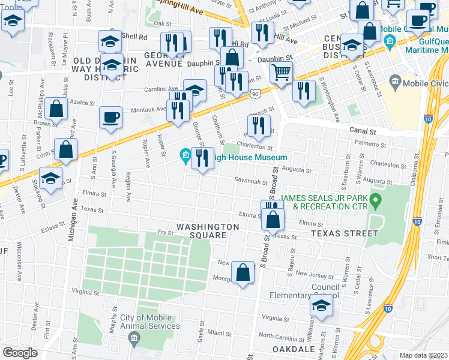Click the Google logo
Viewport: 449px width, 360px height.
click(x=20, y=353)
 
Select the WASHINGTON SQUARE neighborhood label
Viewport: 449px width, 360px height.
click(x=207, y=231)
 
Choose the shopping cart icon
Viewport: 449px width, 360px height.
click(x=280, y=73)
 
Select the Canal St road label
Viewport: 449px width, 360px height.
click(x=363, y=131)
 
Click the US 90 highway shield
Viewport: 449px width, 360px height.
click(x=256, y=94)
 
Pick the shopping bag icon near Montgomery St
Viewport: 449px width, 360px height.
click(x=243, y=272)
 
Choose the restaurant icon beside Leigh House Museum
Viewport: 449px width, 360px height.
click(x=202, y=158)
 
